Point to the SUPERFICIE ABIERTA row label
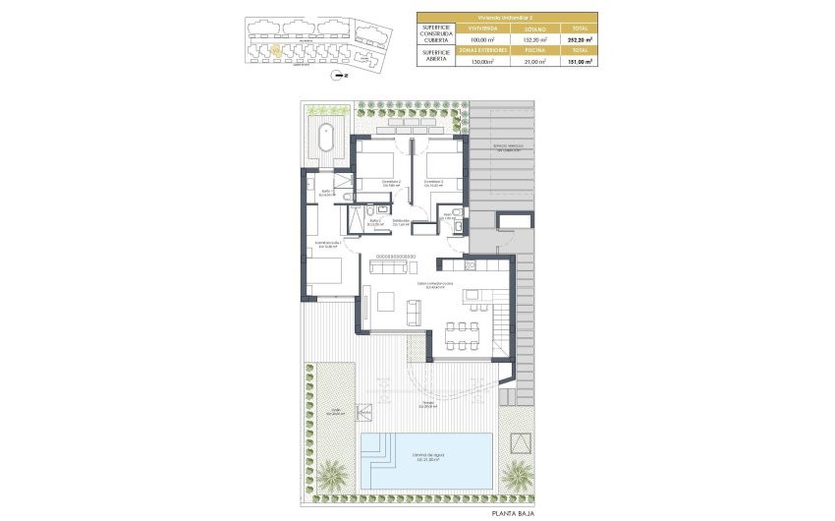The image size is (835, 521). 435,56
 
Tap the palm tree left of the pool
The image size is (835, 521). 331,476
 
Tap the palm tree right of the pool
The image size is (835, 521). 516,474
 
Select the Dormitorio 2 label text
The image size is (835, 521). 366,183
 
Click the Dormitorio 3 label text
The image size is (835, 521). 434,183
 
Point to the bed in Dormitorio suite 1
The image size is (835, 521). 324,270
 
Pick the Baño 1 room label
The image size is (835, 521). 326,193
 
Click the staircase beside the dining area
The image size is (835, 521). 501,328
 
